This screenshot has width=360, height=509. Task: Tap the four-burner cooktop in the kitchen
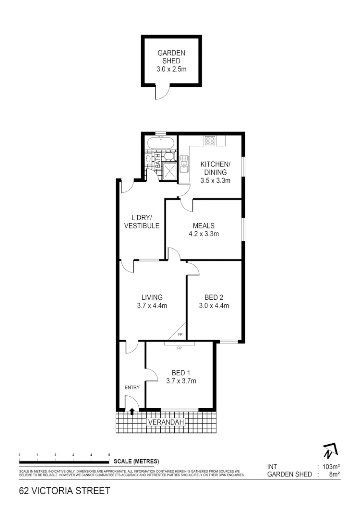point(210,141)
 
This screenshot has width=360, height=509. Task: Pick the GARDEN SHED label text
point(171,57)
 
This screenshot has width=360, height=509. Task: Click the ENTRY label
point(132,388)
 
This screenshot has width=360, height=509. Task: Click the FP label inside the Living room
point(180,334)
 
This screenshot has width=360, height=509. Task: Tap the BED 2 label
point(214,297)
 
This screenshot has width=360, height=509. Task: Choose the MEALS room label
point(204,226)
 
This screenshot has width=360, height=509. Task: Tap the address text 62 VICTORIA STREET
point(65,491)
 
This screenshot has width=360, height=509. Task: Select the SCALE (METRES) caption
point(136,462)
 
